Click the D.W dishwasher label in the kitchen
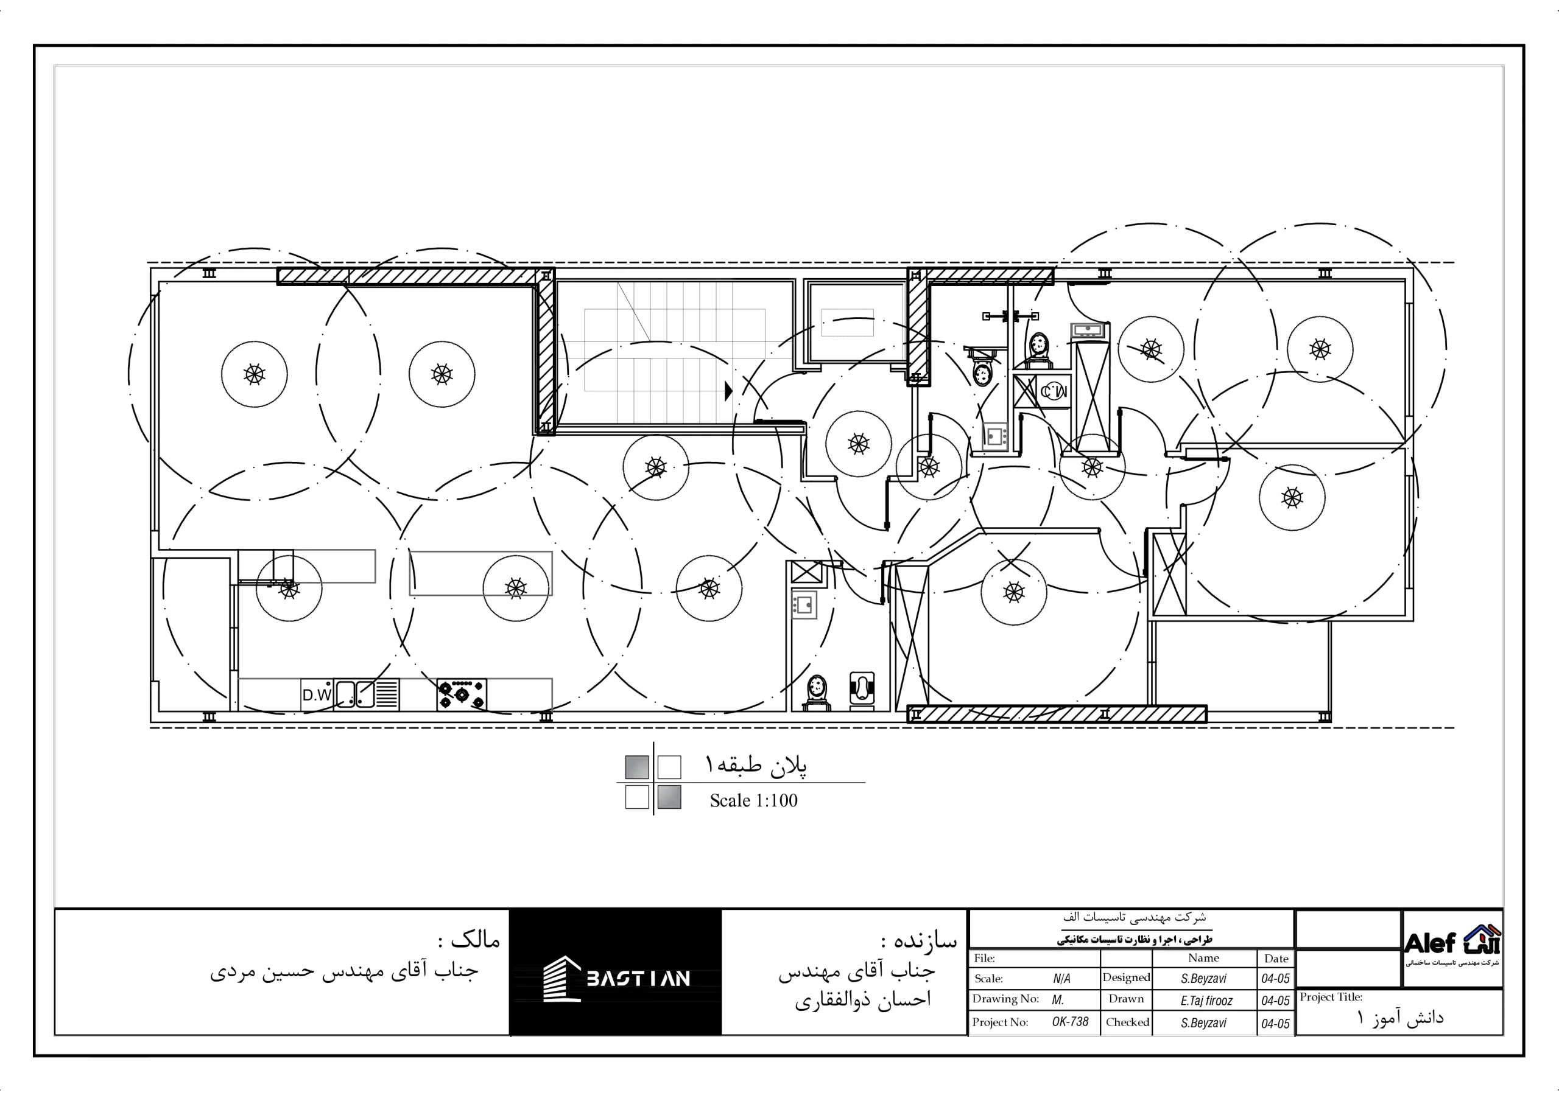tap(317, 695)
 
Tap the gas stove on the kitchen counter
tap(461, 694)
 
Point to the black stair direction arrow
tap(728, 391)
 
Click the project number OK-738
tap(1070, 1022)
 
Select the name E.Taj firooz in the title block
tap(1206, 1001)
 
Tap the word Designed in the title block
tap(1126, 977)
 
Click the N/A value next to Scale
tap(1061, 979)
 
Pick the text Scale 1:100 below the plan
tap(754, 801)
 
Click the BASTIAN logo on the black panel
tap(616, 978)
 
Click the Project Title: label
tap(1331, 997)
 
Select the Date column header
tap(1276, 959)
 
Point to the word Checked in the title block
tap(1127, 1022)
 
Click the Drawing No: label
tap(1005, 999)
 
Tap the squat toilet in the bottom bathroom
tap(862, 688)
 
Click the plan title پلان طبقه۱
tap(756, 765)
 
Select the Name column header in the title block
tap(1203, 958)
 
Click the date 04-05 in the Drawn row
tap(1275, 1001)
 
